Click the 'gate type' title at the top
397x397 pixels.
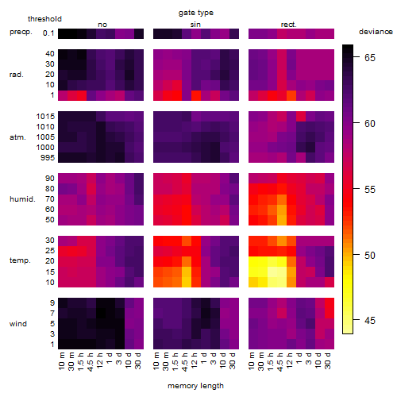coord(196,13)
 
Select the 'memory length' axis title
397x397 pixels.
coord(195,386)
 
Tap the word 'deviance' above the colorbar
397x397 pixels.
coord(376,32)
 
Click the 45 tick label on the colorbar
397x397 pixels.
coord(370,321)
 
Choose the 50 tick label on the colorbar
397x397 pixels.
coord(370,255)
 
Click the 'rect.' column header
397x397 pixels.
coord(289,25)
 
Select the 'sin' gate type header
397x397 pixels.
coord(195,25)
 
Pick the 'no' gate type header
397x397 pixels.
coord(102,25)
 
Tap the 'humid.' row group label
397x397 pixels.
coord(22,199)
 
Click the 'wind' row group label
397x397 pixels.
coord(18,324)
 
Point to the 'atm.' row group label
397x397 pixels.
coord(17,137)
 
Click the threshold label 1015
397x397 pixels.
coord(45,117)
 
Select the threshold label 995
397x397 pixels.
coord(48,158)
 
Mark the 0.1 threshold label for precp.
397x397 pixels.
coord(48,33)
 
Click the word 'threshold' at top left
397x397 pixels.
coord(44,19)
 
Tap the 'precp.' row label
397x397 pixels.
coord(21,32)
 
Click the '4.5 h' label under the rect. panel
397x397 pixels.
coord(279,361)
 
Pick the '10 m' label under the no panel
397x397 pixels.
coord(61,361)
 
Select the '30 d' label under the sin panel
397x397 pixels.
coord(232,361)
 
